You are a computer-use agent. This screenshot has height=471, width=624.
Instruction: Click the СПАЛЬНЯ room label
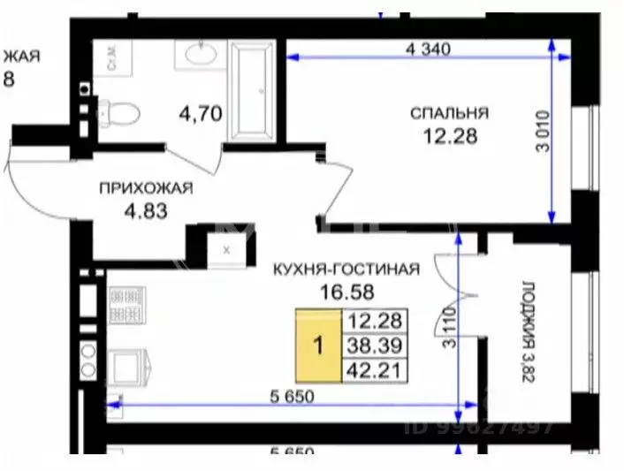coord(449,113)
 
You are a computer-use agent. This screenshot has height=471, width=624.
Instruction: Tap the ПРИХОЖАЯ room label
coord(145,188)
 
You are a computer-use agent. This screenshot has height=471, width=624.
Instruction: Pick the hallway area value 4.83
coord(145,210)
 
